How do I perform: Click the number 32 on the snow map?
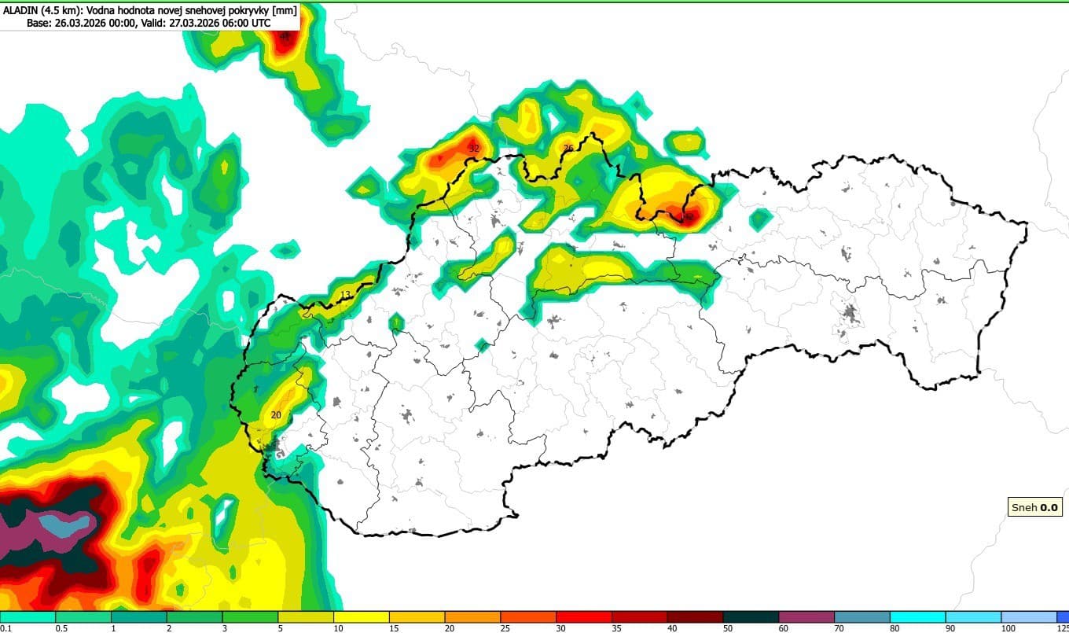pyautogui.click(x=473, y=148)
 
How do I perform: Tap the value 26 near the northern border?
pyautogui.click(x=568, y=148)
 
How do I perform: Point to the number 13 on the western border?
pyautogui.click(x=345, y=295)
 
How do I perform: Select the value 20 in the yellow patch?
pyautogui.click(x=275, y=415)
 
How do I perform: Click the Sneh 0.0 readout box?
pyautogui.click(x=1035, y=507)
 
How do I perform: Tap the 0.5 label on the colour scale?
pyautogui.click(x=61, y=628)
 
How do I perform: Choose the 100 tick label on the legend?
pyautogui.click(x=1007, y=628)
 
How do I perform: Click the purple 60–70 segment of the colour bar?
pyautogui.click(x=806, y=616)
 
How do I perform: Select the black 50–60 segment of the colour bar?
pyautogui.click(x=751, y=616)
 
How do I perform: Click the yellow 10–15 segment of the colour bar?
pyautogui.click(x=362, y=616)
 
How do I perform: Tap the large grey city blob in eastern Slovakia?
pyautogui.click(x=850, y=316)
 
